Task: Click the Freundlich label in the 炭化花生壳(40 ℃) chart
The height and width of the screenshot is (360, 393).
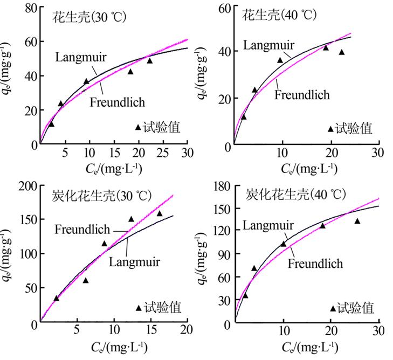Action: point(315,264)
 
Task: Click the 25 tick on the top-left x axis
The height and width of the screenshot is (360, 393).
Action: point(163,153)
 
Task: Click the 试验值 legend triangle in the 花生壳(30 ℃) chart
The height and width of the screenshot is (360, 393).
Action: point(138,127)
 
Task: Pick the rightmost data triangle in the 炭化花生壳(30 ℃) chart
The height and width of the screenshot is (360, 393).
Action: point(159,213)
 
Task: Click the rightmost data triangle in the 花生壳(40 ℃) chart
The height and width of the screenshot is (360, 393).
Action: point(341,52)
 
